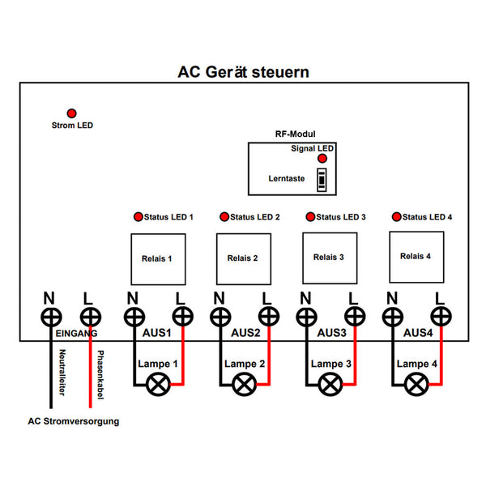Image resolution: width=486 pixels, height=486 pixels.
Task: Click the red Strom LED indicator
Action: [x=71, y=113]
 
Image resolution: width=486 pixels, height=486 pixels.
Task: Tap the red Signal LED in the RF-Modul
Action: [x=322, y=159]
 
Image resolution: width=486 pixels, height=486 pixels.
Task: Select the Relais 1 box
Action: [x=158, y=259]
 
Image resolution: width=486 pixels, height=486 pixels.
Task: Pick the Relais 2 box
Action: [x=243, y=258]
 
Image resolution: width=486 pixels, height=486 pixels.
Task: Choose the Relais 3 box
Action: [x=330, y=258]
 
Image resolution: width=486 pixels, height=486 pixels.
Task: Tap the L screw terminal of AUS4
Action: [x=441, y=315]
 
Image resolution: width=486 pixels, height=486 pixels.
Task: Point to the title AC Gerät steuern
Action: [x=243, y=72]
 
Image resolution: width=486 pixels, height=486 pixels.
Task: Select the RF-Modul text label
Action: [x=295, y=134]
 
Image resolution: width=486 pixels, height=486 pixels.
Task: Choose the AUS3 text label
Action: [x=331, y=333]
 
